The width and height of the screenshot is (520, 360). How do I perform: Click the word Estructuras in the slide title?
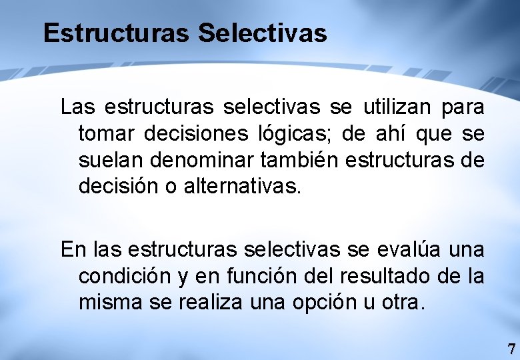117,33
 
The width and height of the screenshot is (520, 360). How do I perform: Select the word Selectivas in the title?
263,33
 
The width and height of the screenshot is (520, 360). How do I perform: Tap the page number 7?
511,349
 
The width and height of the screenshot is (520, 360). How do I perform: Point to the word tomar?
107,133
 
